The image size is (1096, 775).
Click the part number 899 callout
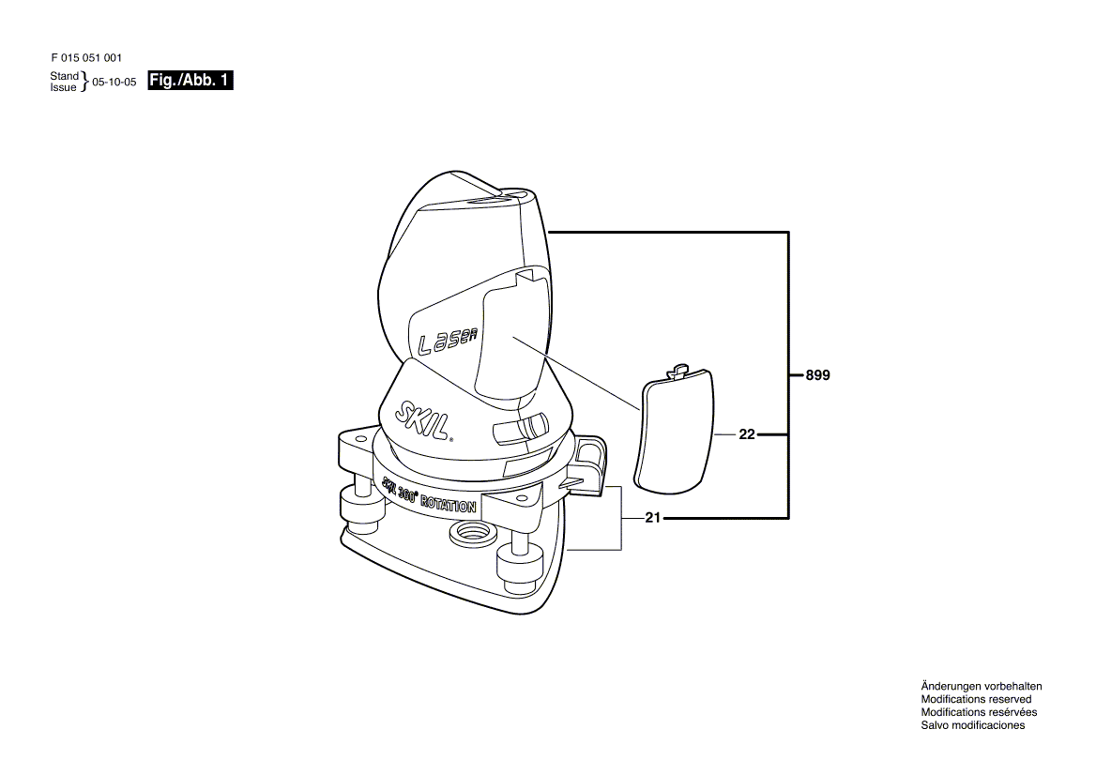[818, 375]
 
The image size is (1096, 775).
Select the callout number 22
[747, 434]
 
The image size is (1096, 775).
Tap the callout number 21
[652, 518]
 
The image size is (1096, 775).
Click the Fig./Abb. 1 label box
[190, 81]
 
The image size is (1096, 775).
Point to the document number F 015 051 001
[86, 58]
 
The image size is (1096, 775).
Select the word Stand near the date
[65, 75]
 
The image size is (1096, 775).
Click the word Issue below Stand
[63, 87]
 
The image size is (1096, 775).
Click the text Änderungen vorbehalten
[982, 686]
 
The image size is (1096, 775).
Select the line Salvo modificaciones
[973, 725]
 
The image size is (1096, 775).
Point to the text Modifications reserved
[976, 700]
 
